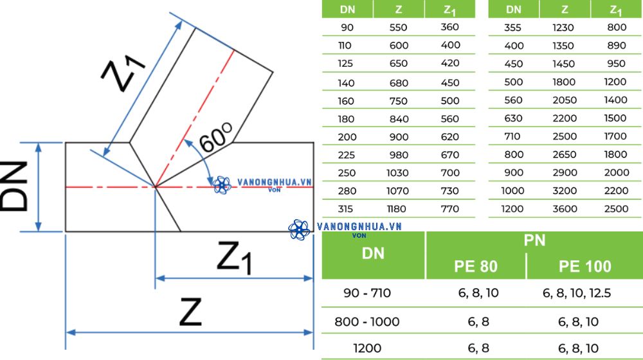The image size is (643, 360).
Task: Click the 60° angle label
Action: tap(215, 137)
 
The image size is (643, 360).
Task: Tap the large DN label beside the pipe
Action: tap(14, 186)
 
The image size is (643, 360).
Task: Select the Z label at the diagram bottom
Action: tap(190, 312)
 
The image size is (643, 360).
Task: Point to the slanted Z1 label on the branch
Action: tap(123, 75)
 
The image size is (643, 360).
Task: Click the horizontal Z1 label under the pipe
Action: tap(234, 257)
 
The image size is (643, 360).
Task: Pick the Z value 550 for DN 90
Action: tap(398, 28)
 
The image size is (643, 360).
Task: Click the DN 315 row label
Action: tap(345, 209)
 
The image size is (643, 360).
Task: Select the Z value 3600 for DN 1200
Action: tap(565, 209)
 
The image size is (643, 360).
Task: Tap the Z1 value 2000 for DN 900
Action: tap(617, 173)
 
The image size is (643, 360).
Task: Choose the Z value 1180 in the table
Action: tap(397, 209)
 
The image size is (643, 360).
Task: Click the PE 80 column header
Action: tap(476, 267)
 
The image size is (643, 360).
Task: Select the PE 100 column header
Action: tap(584, 267)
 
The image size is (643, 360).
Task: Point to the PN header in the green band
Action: tap(534, 240)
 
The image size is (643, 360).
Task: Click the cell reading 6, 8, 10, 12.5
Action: tap(577, 293)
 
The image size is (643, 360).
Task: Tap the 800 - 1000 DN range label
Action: tap(367, 322)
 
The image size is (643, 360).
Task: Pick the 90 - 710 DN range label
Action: tap(367, 293)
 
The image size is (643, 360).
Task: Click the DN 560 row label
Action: tap(513, 100)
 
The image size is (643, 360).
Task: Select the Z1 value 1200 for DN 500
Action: tap(615, 82)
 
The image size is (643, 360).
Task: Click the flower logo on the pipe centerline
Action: tap(222, 185)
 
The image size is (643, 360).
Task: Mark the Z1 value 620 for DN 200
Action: tap(450, 137)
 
